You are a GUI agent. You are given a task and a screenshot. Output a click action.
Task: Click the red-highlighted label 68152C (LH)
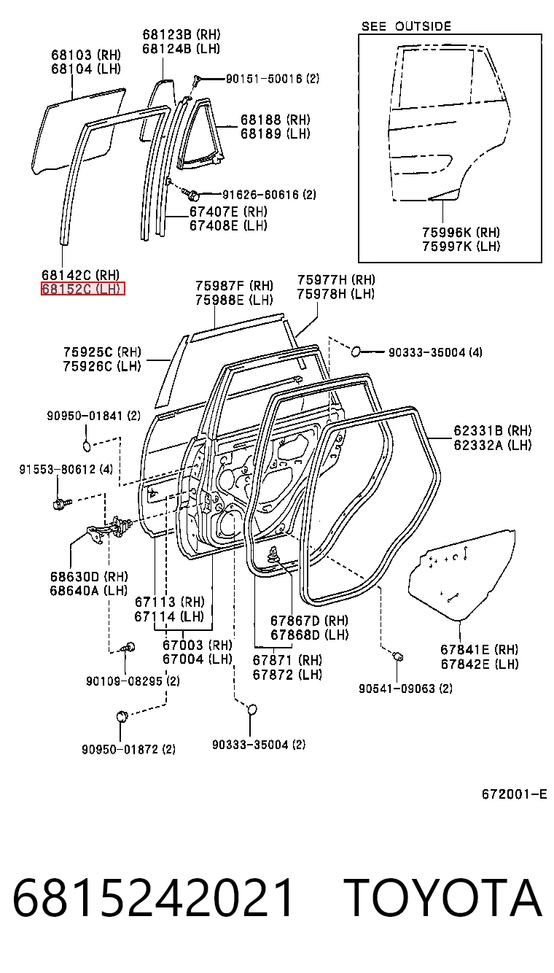click(82, 289)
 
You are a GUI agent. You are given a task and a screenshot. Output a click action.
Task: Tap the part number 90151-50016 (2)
click(272, 79)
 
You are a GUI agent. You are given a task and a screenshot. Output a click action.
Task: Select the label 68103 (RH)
click(86, 55)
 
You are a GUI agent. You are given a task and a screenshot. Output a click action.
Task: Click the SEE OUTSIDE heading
click(406, 26)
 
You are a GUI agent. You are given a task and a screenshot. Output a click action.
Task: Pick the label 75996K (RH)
click(461, 233)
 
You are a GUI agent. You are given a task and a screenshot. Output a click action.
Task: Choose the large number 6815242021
click(153, 898)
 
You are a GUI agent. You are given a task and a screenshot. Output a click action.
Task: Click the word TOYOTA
click(443, 898)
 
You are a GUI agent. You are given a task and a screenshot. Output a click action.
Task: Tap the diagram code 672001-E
click(514, 794)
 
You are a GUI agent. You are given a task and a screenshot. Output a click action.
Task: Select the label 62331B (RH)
click(493, 431)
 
